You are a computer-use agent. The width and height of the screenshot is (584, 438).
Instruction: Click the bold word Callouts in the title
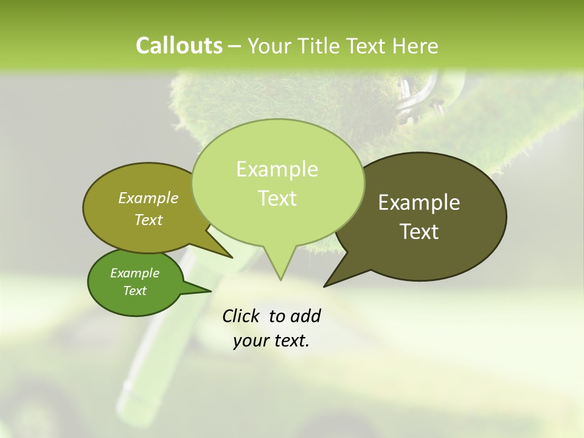179,46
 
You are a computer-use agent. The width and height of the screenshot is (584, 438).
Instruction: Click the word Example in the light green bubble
277,169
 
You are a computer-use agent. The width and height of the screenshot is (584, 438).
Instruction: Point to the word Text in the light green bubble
277,198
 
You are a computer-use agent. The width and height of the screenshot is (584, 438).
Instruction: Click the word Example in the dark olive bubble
419,203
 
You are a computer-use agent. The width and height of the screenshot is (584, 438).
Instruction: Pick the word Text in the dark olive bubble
419,232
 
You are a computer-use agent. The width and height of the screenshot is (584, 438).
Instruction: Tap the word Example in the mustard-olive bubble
148,198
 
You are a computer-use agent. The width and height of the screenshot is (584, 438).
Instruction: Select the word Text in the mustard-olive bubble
148,220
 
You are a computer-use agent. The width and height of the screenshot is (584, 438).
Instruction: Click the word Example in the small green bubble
134,273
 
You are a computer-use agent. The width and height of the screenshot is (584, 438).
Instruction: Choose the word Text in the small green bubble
134,291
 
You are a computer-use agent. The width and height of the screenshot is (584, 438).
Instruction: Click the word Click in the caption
242,316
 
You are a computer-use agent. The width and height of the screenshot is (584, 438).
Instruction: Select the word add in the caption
305,316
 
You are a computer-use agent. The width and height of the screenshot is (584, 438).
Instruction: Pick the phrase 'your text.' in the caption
271,341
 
